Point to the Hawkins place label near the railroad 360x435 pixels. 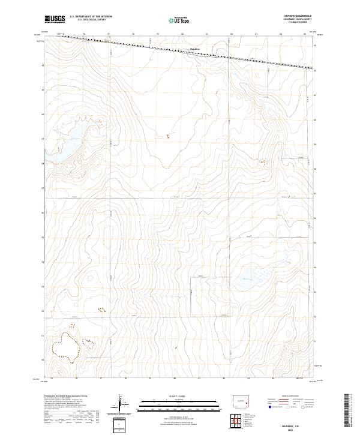(194, 49)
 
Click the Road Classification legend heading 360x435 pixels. (287, 398)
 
